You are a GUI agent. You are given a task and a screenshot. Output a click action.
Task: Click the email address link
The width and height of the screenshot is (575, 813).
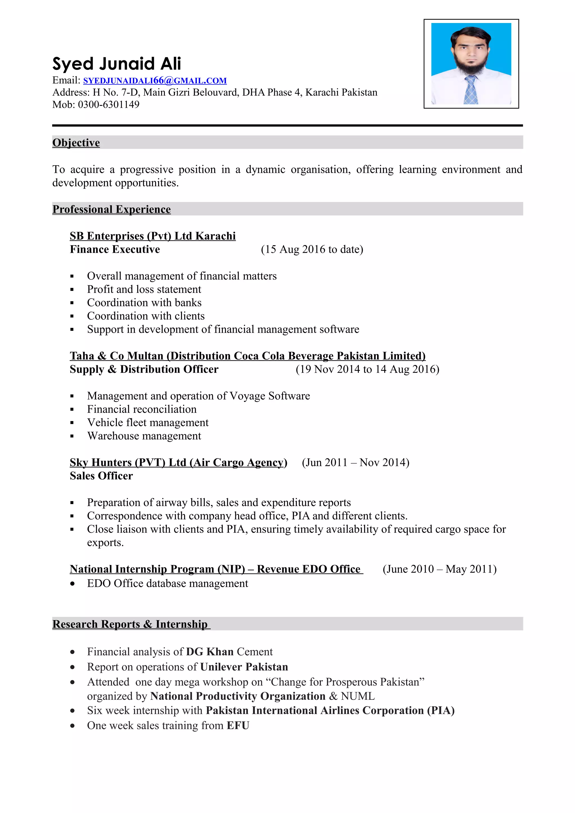click(155, 81)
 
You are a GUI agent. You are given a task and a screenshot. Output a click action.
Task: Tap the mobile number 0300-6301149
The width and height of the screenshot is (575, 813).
click(108, 104)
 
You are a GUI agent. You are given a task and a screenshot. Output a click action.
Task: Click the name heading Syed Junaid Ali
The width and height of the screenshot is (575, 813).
click(117, 64)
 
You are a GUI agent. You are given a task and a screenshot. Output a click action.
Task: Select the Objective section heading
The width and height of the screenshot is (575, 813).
click(76, 143)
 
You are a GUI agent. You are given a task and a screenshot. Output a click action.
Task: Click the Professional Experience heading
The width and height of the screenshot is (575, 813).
click(111, 209)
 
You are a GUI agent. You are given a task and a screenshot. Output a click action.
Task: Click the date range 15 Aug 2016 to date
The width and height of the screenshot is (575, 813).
click(312, 249)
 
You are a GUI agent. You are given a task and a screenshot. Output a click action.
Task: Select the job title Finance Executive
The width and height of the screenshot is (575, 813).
click(115, 249)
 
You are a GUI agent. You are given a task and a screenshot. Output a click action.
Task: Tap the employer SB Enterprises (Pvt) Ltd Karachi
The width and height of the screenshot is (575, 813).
click(153, 236)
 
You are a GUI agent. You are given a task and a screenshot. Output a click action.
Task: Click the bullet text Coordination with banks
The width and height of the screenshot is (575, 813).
click(144, 303)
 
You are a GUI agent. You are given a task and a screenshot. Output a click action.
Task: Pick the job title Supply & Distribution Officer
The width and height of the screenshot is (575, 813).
click(144, 369)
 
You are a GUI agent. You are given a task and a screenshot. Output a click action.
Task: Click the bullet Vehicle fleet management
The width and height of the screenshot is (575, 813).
click(148, 422)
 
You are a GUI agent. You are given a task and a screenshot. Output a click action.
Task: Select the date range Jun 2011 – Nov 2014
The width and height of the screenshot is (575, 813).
click(355, 462)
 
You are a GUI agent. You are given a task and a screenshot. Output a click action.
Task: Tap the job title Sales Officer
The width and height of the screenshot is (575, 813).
click(101, 476)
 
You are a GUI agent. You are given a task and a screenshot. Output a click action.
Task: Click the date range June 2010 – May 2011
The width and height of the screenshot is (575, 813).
click(439, 569)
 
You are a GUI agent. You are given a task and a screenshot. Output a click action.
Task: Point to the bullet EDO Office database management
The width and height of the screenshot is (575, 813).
click(168, 584)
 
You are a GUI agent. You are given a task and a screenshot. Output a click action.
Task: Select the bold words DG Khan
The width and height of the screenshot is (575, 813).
click(210, 652)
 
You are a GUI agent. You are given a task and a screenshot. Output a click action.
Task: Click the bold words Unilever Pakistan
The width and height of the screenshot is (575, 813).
click(244, 667)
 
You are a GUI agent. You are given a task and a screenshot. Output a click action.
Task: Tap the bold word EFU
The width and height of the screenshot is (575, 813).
click(238, 725)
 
